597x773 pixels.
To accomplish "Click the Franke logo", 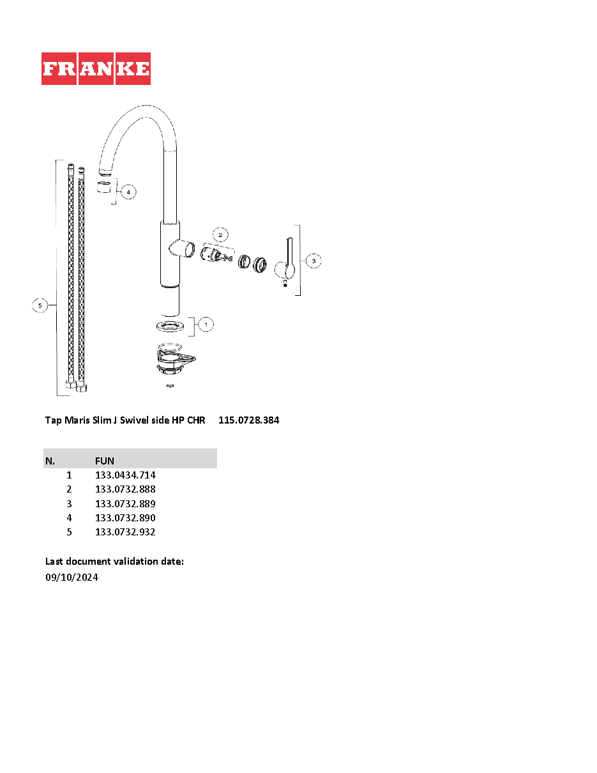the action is pyautogui.click(x=96, y=68).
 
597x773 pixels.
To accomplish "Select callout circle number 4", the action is pyautogui.click(x=128, y=192).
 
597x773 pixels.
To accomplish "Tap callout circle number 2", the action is pyautogui.click(x=220, y=235).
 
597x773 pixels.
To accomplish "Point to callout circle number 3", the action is pyautogui.click(x=314, y=261).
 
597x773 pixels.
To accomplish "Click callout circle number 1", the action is pyautogui.click(x=206, y=325).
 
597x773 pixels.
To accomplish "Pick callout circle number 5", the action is pyautogui.click(x=40, y=305).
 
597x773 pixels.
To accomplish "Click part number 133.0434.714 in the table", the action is pyautogui.click(x=125, y=475).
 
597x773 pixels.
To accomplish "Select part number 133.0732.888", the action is pyautogui.click(x=125, y=489).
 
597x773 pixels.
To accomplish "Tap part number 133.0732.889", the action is pyautogui.click(x=125, y=503).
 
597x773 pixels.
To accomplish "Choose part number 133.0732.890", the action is pyautogui.click(x=125, y=517).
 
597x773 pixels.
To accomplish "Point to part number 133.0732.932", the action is pyautogui.click(x=125, y=532).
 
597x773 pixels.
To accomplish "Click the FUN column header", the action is pyautogui.click(x=105, y=461).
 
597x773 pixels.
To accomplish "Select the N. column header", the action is pyautogui.click(x=50, y=461).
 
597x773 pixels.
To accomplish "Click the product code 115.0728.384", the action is pyautogui.click(x=248, y=420).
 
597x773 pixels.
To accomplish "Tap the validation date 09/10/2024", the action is pyautogui.click(x=72, y=578).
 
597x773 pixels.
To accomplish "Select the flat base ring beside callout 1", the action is pyautogui.click(x=170, y=326).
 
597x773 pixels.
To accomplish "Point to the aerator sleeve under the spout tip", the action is pyautogui.click(x=104, y=187).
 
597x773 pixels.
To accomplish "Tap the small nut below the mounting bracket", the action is pyautogui.click(x=170, y=386).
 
